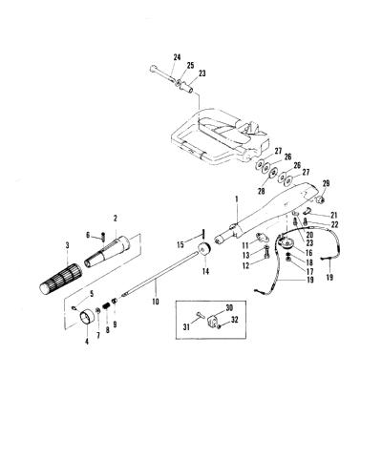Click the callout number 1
pyautogui.click(x=237, y=199)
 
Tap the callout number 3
pyautogui.click(x=67, y=245)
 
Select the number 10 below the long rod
pyautogui.click(x=156, y=301)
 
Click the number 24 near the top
pyautogui.click(x=177, y=57)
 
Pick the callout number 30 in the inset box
pyautogui.click(x=229, y=307)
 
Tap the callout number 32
pyautogui.click(x=234, y=320)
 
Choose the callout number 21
pyautogui.click(x=334, y=215)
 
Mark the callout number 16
pyautogui.click(x=309, y=253)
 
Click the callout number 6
pyautogui.click(x=89, y=235)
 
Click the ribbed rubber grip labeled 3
pyautogui.click(x=61, y=275)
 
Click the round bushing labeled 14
pyautogui.click(x=204, y=249)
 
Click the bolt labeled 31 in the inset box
pyautogui.click(x=200, y=315)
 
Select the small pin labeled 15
pyautogui.click(x=202, y=233)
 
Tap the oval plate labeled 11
pyautogui.click(x=262, y=238)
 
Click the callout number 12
pyautogui.click(x=246, y=264)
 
